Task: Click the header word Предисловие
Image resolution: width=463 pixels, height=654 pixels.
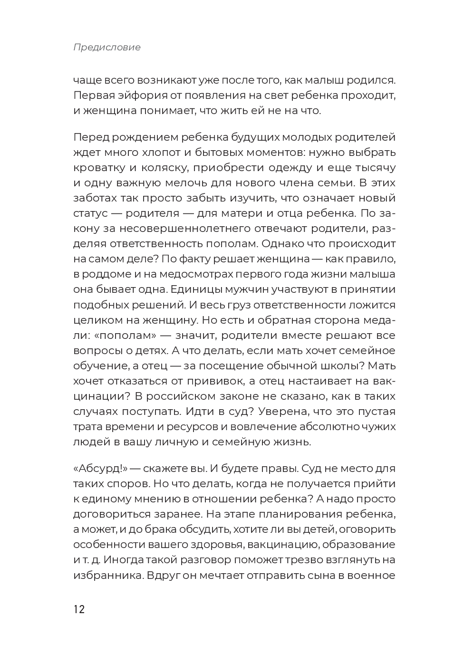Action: (107, 48)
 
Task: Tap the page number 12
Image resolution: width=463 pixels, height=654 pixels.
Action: (79, 609)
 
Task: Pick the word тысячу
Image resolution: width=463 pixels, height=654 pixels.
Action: (376, 168)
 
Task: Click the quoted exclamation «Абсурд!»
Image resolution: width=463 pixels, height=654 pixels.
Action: (101, 468)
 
